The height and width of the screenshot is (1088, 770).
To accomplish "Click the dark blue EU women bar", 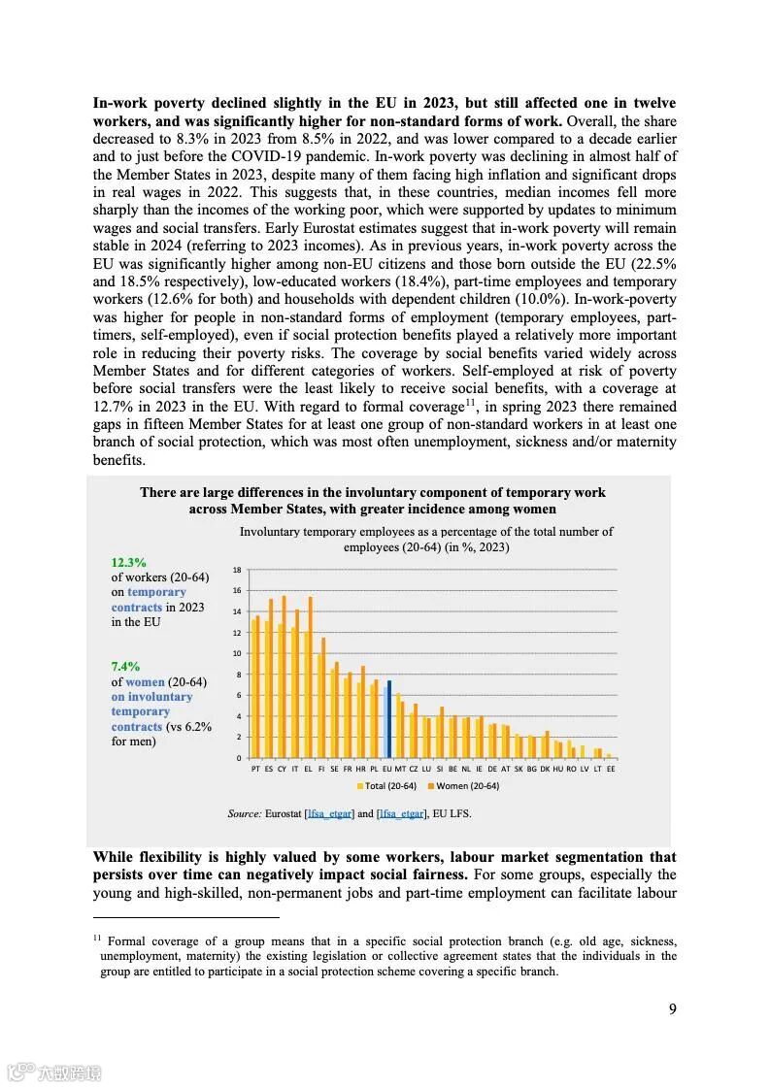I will (x=389, y=719).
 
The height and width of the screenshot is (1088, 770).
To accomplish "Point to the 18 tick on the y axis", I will (x=237, y=570).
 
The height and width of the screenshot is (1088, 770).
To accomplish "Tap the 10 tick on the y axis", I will (x=237, y=653).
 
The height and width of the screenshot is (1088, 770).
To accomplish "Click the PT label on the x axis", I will (x=255, y=768).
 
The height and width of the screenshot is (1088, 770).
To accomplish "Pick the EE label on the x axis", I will (x=611, y=768).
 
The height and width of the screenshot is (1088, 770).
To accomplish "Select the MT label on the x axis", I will (x=400, y=768).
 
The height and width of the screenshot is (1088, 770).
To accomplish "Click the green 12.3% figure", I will (x=128, y=562).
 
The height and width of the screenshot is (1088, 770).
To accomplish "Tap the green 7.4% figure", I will (x=125, y=667).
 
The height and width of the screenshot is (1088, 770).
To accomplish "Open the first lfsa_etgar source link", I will (x=329, y=813).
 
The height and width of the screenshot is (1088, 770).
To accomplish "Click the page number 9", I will (x=672, y=1008).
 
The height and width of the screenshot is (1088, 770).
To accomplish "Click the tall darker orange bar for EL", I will (x=310, y=676).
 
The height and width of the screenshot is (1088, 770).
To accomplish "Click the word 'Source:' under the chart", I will (x=244, y=813).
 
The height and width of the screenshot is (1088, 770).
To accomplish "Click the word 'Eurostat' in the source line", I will (x=283, y=813).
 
